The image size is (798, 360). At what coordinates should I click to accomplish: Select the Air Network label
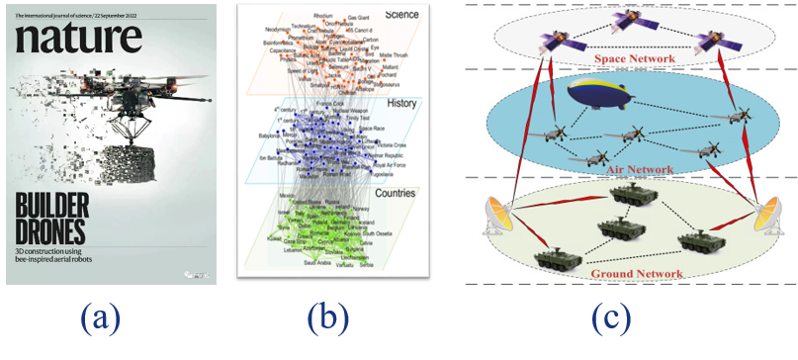[x=634, y=169]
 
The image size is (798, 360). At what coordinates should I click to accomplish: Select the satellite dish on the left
[x=499, y=217]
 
